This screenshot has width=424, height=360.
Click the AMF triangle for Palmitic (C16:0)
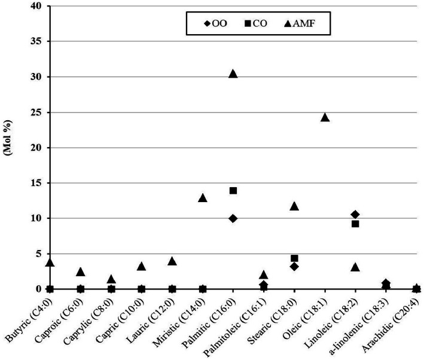click(x=233, y=74)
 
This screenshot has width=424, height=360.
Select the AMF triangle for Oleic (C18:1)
click(x=325, y=117)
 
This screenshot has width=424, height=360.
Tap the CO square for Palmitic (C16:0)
click(x=233, y=191)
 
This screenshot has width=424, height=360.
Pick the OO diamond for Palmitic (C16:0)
click(x=233, y=218)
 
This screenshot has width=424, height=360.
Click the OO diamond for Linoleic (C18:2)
click(x=355, y=215)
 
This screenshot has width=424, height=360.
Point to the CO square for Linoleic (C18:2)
click(x=355, y=224)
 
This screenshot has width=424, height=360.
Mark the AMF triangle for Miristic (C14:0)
click(x=203, y=198)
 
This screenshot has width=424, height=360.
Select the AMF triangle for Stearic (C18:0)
click(x=294, y=206)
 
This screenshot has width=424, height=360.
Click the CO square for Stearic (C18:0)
click(x=294, y=258)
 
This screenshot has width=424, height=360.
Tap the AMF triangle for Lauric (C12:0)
click(x=172, y=261)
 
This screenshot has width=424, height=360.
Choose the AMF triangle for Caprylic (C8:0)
click(x=111, y=279)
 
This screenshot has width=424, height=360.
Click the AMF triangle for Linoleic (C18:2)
click(x=355, y=267)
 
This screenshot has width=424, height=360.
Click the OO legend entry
click(x=215, y=23)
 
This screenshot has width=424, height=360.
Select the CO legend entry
click(x=256, y=23)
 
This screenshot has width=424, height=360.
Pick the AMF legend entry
click(x=300, y=23)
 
